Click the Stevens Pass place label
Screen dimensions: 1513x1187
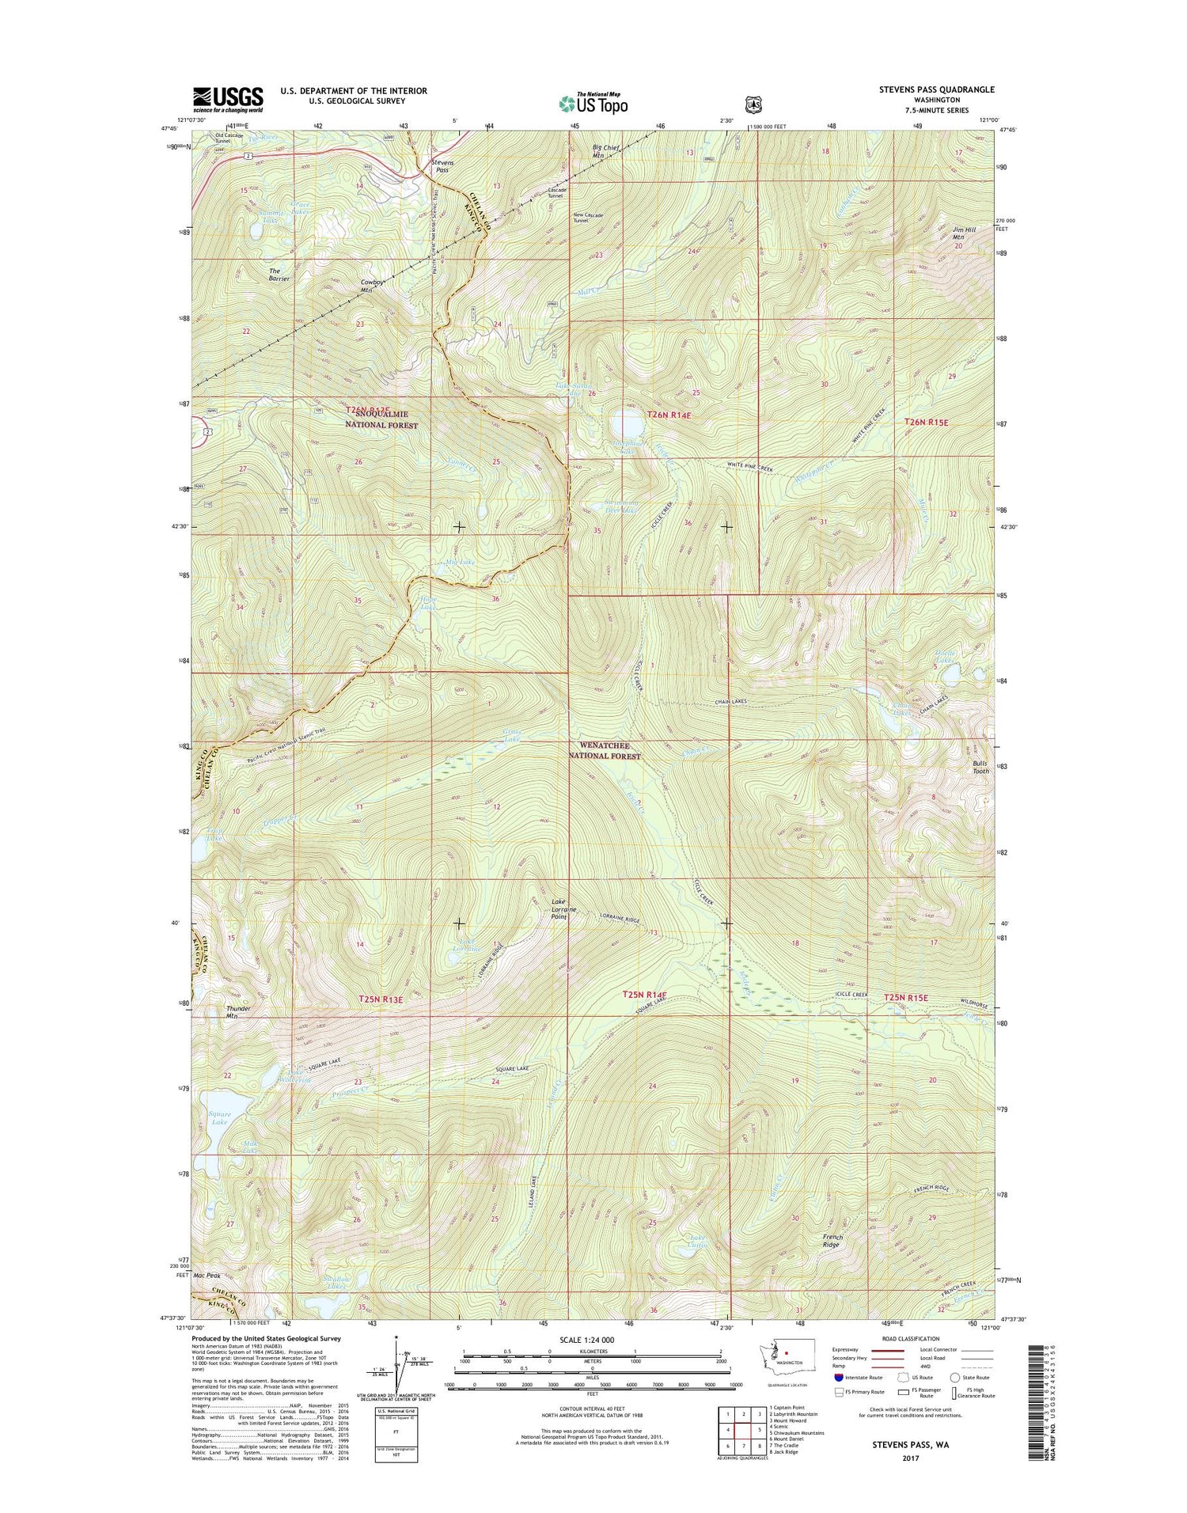(443, 165)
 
